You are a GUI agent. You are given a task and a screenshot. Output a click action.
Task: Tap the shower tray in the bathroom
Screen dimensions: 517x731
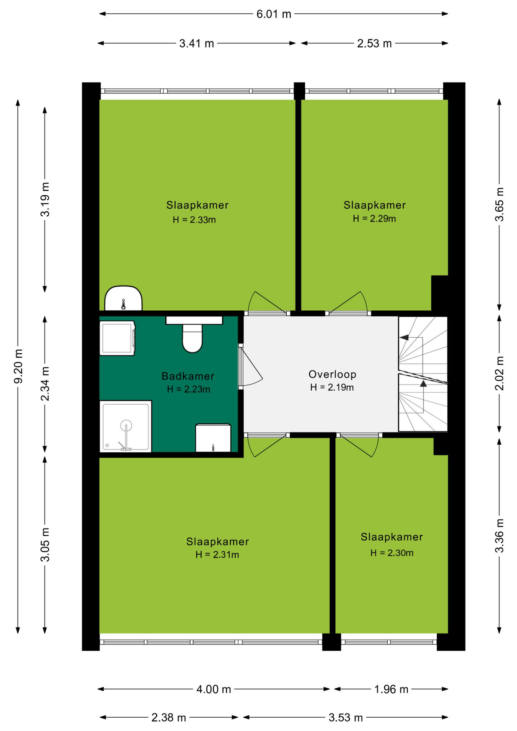point(126,426)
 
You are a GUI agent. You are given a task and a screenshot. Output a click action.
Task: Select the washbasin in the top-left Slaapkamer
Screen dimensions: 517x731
point(123,298)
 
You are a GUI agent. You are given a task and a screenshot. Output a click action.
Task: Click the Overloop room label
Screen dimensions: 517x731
point(332,374)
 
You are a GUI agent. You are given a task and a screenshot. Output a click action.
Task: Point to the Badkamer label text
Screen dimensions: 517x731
point(188,376)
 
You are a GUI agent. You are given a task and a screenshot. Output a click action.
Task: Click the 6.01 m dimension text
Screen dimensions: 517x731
point(274,14)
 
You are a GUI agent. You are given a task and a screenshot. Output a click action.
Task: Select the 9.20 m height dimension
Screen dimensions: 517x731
point(18,366)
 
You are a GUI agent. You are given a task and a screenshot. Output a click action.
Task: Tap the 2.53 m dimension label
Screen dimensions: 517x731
point(374,43)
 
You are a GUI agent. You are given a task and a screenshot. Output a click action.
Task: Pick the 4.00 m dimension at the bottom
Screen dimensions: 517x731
point(214,689)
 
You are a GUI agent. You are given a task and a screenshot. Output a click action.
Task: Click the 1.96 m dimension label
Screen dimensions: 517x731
point(391,689)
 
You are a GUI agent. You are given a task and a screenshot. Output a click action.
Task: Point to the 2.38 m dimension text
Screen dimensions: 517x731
point(169,717)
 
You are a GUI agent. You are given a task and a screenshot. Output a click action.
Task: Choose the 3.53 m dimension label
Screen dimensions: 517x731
point(346,717)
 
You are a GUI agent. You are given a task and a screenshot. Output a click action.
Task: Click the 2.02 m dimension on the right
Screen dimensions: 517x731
point(499,373)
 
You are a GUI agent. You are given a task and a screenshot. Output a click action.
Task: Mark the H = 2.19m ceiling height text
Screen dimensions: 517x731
point(332,387)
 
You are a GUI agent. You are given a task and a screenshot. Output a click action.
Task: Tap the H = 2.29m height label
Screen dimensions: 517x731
point(374,219)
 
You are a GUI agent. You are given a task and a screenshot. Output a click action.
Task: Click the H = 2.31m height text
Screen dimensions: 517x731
point(217,555)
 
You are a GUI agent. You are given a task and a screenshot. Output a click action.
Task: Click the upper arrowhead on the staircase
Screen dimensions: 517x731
point(404,337)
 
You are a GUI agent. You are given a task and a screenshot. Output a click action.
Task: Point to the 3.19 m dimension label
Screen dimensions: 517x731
point(45,200)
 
